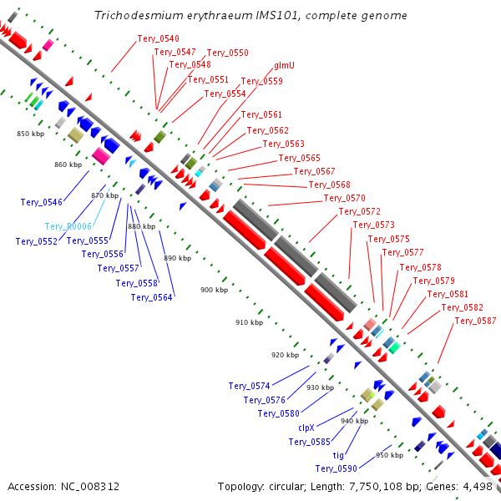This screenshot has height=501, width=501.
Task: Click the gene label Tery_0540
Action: click(x=158, y=38)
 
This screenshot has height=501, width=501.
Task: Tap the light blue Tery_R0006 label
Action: click(x=68, y=226)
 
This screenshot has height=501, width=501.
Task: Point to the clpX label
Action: click(x=306, y=427)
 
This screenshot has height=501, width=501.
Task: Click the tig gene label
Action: click(x=338, y=455)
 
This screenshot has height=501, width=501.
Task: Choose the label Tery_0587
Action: click(x=475, y=321)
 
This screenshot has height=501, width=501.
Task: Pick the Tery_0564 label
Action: click(x=152, y=297)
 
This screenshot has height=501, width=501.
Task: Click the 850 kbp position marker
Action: click(x=30, y=134)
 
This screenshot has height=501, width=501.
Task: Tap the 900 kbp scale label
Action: click(x=214, y=290)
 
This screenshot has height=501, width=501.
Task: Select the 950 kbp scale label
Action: click(x=389, y=455)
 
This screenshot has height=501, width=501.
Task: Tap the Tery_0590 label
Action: click(x=337, y=468)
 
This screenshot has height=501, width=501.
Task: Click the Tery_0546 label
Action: click(x=41, y=202)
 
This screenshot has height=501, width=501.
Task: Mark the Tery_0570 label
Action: click(x=345, y=198)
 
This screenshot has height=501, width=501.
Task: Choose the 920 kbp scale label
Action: click(x=284, y=355)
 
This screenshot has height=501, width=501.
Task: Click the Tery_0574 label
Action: click(x=249, y=386)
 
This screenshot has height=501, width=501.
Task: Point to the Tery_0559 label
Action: click(x=262, y=81)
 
